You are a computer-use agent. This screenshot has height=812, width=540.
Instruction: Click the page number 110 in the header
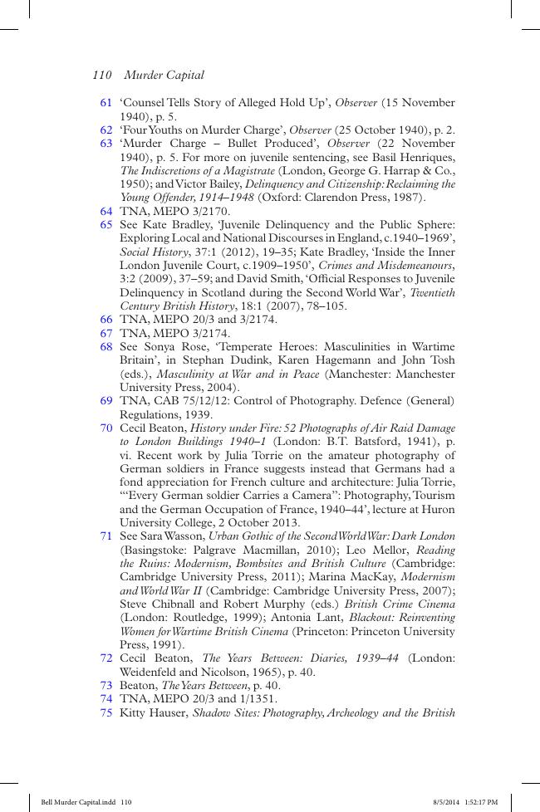[x=102, y=75]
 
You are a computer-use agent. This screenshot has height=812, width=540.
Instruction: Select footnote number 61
[x=106, y=103]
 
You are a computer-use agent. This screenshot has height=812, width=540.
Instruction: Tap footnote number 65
[x=106, y=224]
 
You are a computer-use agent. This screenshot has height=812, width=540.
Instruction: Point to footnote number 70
[x=106, y=428]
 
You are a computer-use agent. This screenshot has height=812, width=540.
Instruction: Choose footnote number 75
[x=106, y=713]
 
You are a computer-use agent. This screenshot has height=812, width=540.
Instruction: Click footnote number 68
[x=106, y=347]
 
